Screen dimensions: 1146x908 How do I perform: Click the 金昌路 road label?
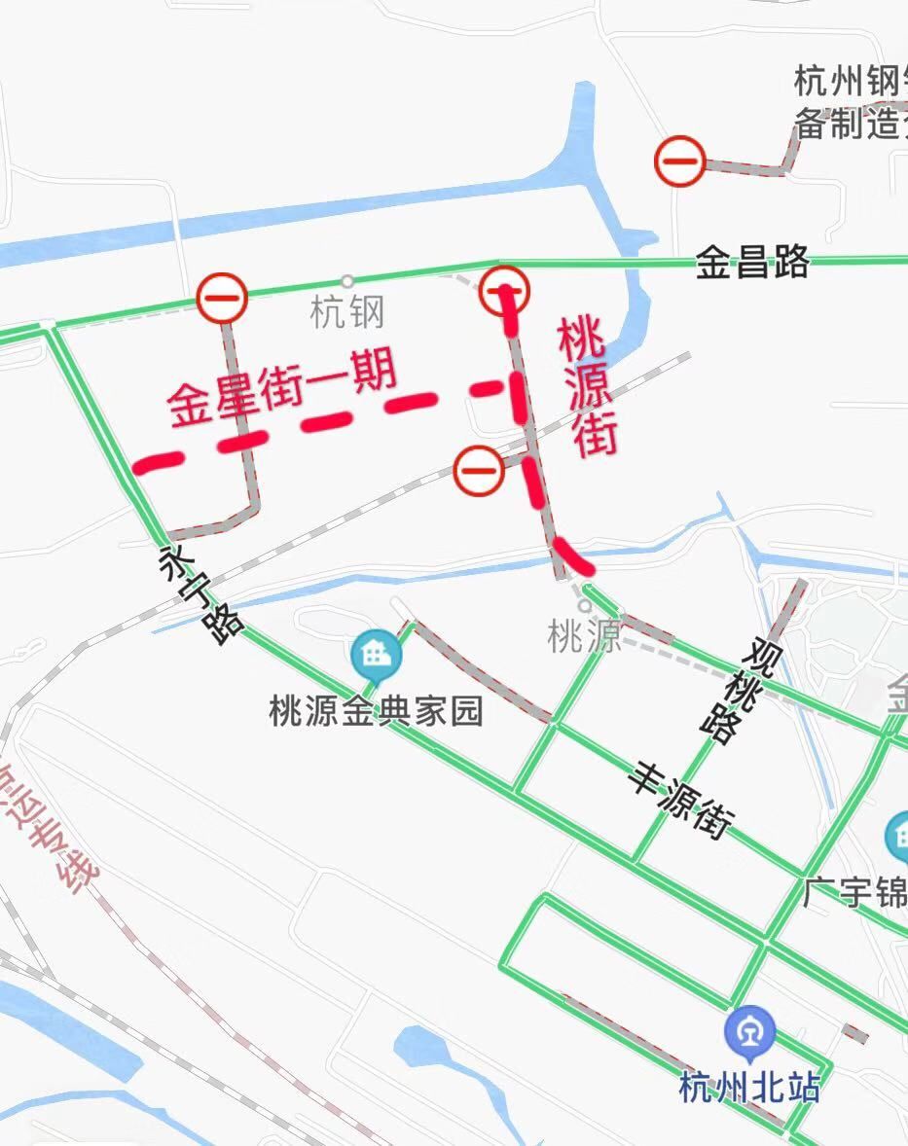coord(751,262)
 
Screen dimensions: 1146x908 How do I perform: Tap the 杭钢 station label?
coord(347,312)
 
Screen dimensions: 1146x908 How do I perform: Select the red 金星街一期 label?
coord(282,389)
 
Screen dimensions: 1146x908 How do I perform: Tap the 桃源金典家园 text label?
coord(376,712)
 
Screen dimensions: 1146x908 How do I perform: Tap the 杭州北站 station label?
coord(749,1086)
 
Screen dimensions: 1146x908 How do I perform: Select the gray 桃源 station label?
coord(584,638)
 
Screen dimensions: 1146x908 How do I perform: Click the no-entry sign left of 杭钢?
coord(222,298)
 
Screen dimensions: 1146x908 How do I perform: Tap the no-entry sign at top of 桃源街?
coord(505,289)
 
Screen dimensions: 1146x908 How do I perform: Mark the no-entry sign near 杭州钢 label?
coord(679,161)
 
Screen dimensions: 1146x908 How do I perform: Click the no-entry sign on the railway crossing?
coord(479,471)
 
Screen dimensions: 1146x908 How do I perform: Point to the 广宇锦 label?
coord(854,892)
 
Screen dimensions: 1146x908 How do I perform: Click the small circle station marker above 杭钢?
coord(346,282)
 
